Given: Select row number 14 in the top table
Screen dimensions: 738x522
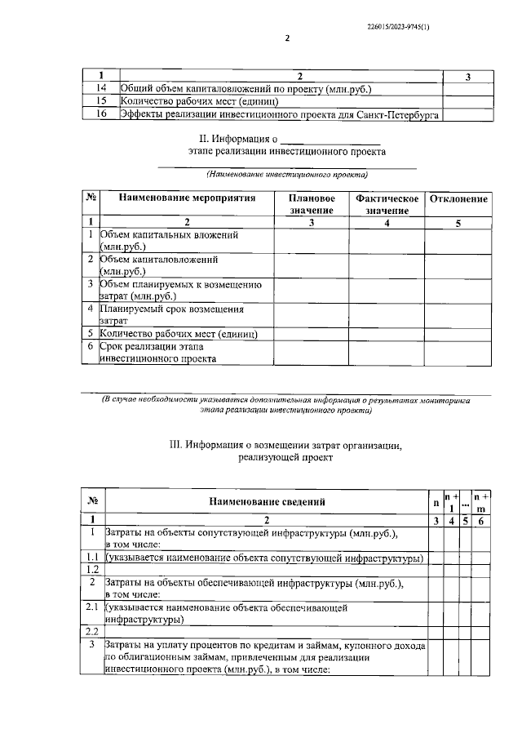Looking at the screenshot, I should pos(102,88).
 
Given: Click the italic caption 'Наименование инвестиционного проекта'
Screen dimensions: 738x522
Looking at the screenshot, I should pos(286,174).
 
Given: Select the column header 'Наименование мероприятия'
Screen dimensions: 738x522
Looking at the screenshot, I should pos(187,198).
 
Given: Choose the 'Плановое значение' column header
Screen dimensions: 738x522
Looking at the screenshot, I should pos(311,204).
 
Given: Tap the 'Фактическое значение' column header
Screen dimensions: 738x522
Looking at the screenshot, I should pos(387,204).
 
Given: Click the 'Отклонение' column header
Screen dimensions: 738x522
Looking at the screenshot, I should pos(458,199).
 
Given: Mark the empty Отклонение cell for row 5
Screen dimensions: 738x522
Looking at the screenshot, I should pos(458,334).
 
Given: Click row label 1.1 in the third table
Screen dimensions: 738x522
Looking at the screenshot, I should pos(92,558).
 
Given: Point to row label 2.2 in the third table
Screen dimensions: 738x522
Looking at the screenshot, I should pos(92,632).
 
